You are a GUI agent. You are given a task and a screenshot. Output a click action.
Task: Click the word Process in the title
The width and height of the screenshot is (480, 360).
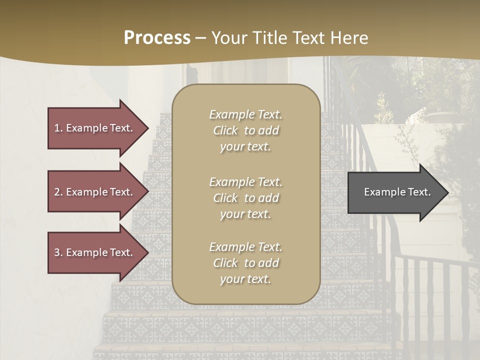[x=157, y=38]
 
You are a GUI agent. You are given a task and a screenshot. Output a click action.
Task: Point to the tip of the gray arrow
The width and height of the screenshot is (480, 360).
[x=447, y=192]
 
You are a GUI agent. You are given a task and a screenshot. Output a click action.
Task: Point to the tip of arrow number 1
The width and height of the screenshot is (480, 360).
[x=147, y=128]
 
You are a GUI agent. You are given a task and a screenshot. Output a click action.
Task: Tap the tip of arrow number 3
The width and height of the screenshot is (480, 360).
[x=147, y=252]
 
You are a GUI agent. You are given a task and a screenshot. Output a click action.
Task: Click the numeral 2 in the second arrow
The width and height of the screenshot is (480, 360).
[x=57, y=192]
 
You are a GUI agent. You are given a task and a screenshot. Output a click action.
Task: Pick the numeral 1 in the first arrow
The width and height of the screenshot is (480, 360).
[x=57, y=128]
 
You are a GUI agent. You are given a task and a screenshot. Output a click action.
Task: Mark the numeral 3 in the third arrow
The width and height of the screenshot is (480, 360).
[x=57, y=252]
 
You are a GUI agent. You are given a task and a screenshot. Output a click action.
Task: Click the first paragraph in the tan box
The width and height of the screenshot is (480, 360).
[x=245, y=130]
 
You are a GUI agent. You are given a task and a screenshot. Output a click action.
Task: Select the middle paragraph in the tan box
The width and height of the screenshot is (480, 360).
[x=245, y=198]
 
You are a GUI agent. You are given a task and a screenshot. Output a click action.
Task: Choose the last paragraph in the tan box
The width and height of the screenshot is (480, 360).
[x=245, y=263]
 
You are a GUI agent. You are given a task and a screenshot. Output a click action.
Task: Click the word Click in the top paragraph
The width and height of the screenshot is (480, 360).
[x=225, y=131]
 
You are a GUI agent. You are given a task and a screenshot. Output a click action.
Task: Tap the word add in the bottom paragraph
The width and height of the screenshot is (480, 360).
[x=268, y=263]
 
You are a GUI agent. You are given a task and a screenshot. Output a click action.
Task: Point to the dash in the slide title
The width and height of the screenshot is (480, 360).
[x=201, y=38]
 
